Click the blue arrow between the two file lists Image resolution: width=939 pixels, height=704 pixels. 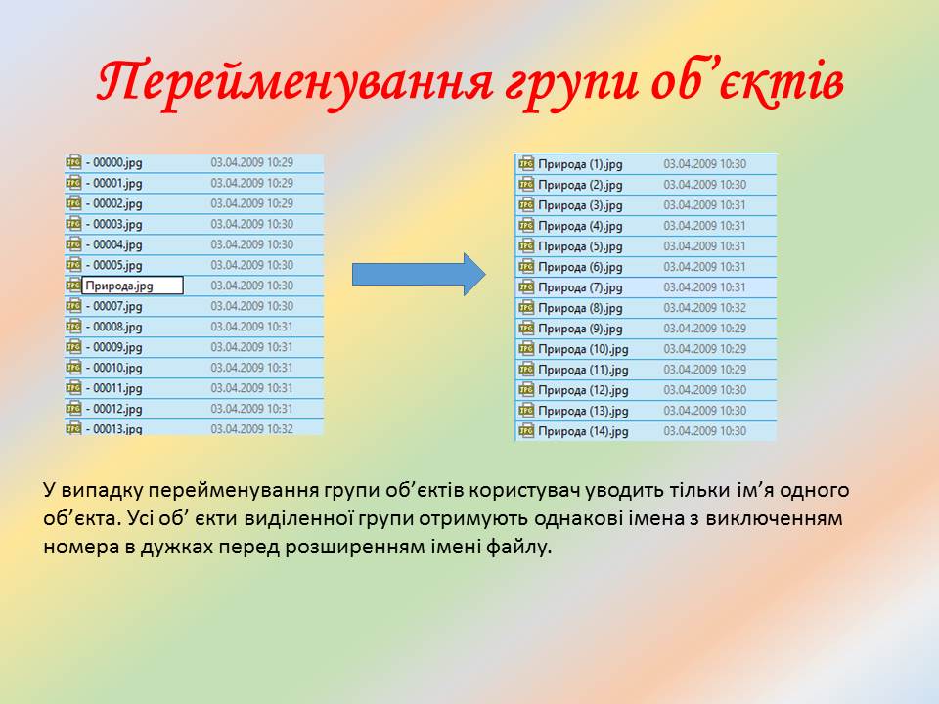419,274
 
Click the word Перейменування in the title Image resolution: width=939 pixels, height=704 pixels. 294,82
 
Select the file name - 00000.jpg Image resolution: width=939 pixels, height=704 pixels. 113,163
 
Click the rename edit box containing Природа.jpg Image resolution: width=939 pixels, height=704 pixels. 132,286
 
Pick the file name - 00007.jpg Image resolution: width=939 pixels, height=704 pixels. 113,306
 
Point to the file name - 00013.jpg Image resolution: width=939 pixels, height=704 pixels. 113,428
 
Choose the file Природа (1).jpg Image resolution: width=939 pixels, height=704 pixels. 580,164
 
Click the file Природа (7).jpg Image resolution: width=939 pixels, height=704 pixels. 580,287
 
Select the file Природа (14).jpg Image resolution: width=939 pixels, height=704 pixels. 583,431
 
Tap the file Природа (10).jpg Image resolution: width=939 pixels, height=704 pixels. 583,349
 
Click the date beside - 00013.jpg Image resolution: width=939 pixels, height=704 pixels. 252,428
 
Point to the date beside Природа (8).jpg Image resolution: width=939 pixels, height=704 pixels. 705,308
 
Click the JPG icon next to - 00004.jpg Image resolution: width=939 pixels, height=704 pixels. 73,244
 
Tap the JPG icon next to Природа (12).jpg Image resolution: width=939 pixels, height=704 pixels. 526,390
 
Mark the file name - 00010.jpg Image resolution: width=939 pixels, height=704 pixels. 113,368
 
